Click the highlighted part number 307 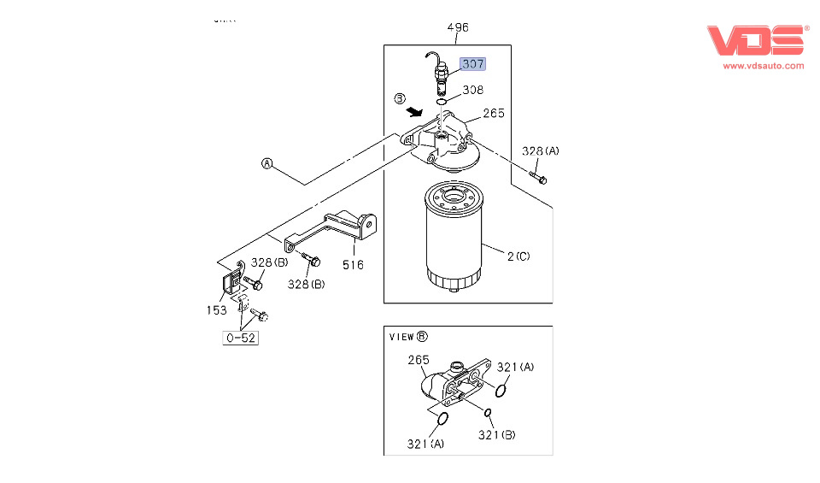tap(472, 64)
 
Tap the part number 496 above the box tap(458, 27)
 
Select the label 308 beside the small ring tap(472, 89)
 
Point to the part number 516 tap(353, 264)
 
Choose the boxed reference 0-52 tap(241, 338)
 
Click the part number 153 tap(216, 310)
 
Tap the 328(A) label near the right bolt tap(541, 151)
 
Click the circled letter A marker tap(266, 163)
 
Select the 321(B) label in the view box tap(497, 435)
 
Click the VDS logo tap(756, 41)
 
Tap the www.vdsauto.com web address tap(764, 65)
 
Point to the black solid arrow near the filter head tap(416, 111)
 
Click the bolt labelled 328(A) tap(538, 178)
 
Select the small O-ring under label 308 tap(442, 101)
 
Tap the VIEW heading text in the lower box tap(401, 337)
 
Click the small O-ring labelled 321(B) tap(488, 414)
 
